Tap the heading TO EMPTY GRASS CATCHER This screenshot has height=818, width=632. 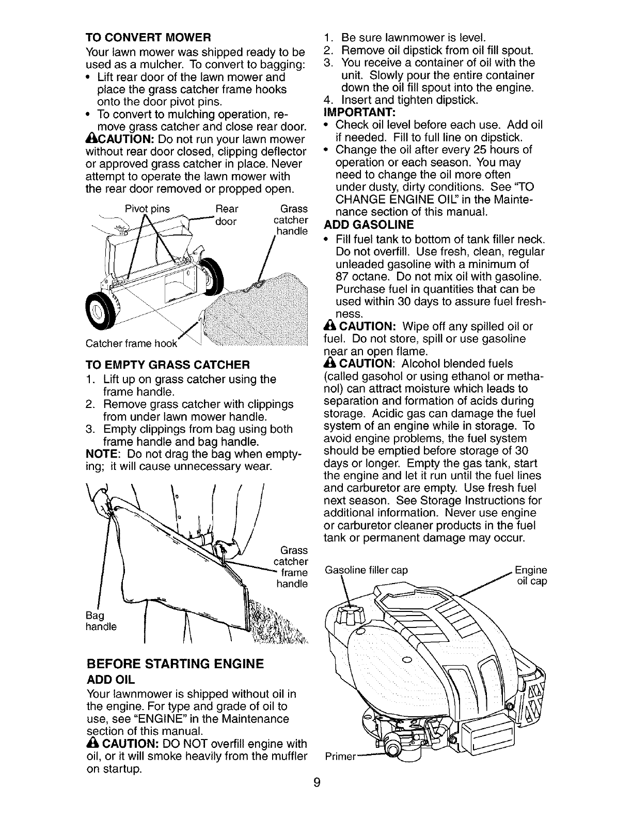(168, 364)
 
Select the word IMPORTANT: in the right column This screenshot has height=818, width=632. (353, 113)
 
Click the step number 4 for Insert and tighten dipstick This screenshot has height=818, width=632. (326, 100)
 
